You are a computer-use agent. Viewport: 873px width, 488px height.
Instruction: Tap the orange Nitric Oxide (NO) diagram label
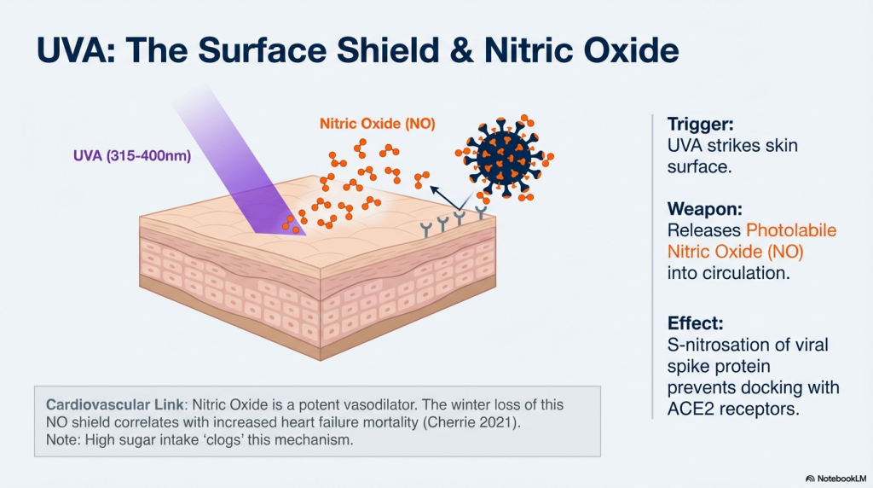[377, 123]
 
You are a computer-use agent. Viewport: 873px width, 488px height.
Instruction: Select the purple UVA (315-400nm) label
[132, 155]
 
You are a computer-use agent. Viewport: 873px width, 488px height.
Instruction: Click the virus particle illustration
[505, 156]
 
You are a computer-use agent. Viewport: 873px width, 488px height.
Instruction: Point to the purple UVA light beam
[240, 161]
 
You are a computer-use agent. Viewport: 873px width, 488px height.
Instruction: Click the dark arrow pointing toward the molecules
[444, 199]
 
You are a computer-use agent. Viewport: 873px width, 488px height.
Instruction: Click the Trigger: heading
[701, 124]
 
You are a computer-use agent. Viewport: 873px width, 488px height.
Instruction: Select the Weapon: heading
[705, 209]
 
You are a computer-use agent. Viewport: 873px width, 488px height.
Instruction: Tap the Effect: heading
[696, 323]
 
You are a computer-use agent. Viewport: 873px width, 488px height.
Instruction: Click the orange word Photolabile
[791, 230]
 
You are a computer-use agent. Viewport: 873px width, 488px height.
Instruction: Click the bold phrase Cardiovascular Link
[115, 404]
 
